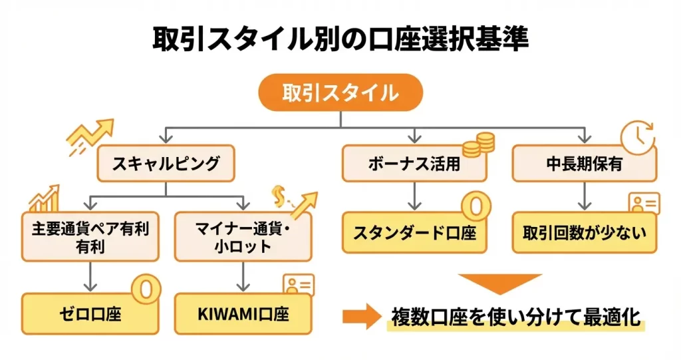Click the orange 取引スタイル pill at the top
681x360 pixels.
[340, 92]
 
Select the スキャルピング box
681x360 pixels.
[166, 164]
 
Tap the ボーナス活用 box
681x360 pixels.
[414, 164]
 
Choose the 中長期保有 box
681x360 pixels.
[584, 164]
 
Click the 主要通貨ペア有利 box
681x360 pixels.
[90, 237]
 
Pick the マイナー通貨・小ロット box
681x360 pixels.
[243, 237]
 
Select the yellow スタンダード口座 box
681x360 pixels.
[414, 234]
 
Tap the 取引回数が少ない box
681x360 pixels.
[584, 234]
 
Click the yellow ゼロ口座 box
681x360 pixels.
[90, 313]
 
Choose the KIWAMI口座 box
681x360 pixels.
[243, 313]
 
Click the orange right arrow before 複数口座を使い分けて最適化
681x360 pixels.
[363, 317]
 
